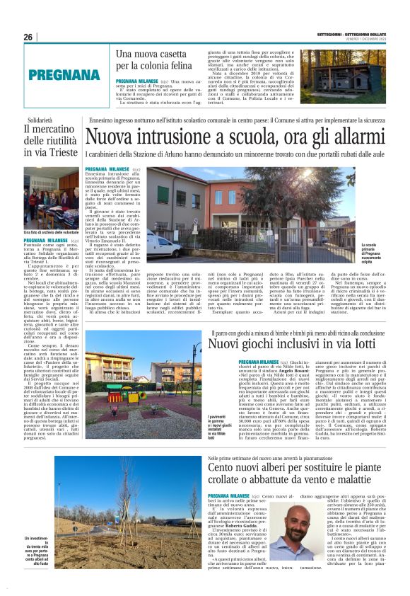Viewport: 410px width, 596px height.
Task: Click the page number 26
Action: tap(28, 37)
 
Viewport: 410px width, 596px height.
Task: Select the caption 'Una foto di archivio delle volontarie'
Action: tap(51, 232)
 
